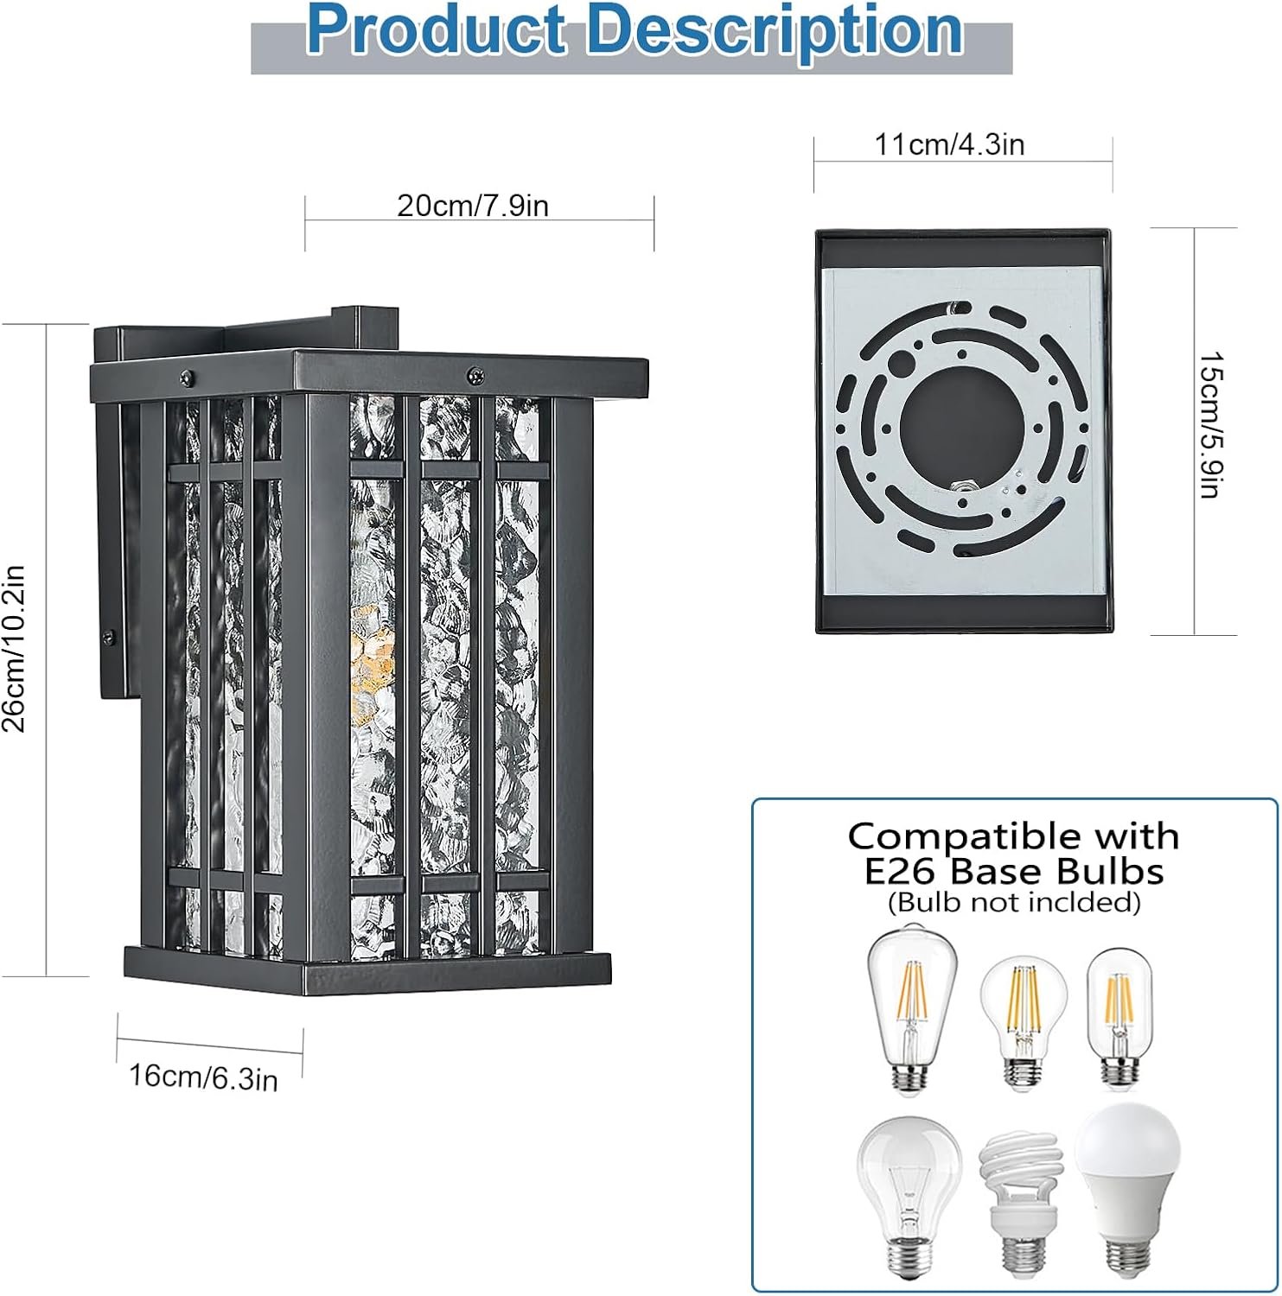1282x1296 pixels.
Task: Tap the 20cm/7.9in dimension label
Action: point(473,206)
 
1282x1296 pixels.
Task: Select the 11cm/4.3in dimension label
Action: point(949,144)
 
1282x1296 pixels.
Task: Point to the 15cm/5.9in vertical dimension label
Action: point(1210,424)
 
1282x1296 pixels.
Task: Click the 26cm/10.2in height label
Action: point(15,648)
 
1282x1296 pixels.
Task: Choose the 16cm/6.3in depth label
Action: point(203,1077)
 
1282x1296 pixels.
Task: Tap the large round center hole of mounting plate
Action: point(952,423)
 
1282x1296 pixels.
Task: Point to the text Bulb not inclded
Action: point(1014,902)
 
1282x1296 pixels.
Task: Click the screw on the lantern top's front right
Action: point(475,375)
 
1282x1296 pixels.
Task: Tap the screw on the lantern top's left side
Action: point(186,377)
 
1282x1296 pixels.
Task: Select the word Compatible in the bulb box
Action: point(959,835)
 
